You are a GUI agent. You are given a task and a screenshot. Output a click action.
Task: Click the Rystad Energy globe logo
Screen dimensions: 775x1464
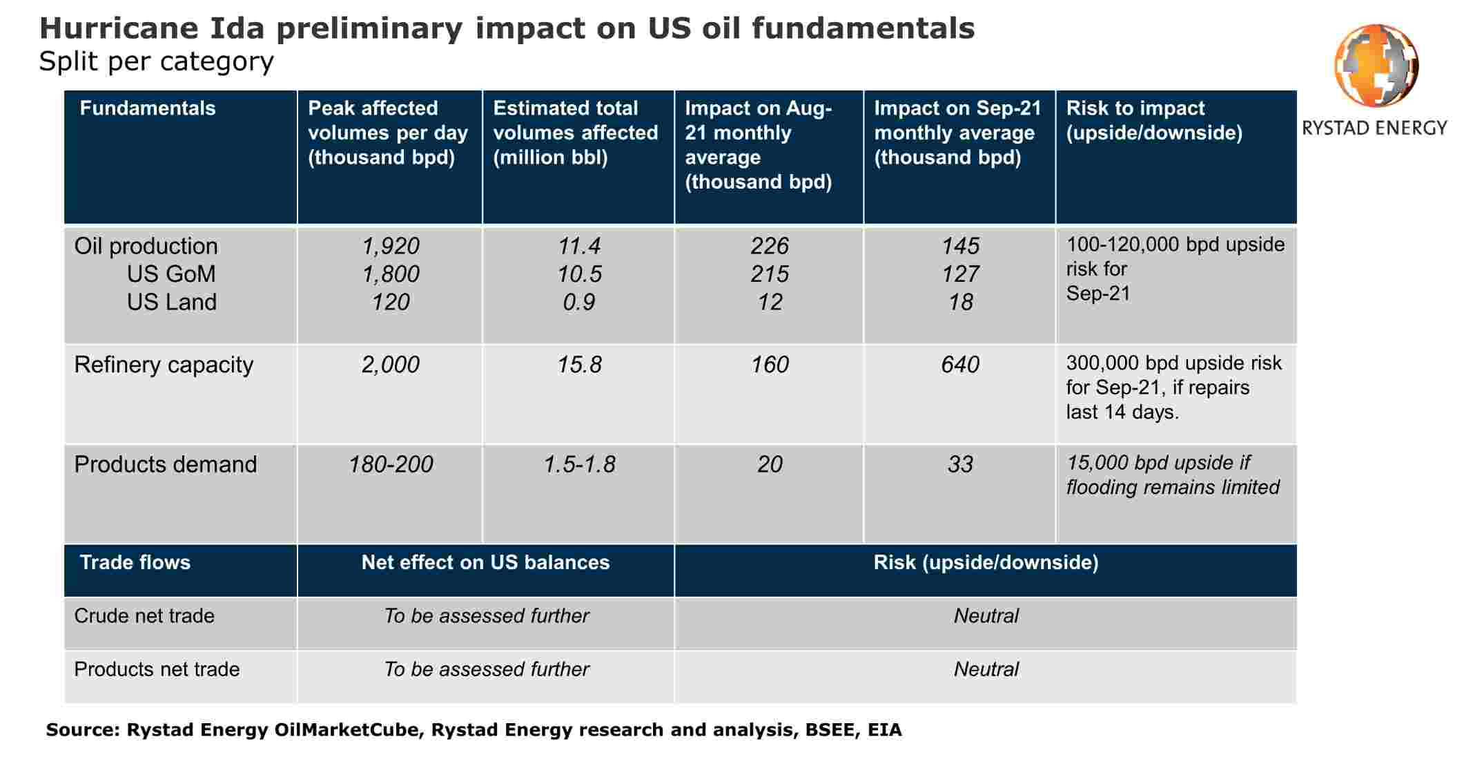[1376, 66]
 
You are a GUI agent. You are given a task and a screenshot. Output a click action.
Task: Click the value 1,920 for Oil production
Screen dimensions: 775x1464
[390, 246]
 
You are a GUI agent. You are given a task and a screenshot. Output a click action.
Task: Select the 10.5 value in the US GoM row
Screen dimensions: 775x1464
[579, 274]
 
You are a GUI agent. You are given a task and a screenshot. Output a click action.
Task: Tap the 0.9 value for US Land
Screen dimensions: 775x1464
[579, 302]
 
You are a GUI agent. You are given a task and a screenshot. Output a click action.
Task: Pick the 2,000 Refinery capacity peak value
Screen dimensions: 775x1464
[390, 365]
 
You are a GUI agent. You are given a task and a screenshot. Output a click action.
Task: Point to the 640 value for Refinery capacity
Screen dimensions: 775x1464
[959, 365]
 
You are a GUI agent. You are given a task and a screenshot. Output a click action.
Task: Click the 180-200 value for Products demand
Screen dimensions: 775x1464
[390, 464]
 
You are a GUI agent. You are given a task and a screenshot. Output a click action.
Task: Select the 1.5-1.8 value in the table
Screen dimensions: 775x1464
[579, 464]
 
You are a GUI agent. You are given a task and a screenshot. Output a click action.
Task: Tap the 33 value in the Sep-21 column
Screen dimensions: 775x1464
[959, 464]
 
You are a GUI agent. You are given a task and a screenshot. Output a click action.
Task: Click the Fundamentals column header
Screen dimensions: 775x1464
[148, 108]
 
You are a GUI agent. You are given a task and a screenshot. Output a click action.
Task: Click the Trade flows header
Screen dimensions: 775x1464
[135, 562]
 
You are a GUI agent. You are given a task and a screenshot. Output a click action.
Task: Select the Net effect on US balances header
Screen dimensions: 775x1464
[485, 562]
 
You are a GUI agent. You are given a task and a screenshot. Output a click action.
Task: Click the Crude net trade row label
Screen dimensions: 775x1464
[144, 615]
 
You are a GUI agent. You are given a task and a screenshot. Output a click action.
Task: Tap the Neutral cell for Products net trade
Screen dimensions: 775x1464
[986, 669]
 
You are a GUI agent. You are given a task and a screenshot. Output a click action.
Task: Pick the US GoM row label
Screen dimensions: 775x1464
[171, 274]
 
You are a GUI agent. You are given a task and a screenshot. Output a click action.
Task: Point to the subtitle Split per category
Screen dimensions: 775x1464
[156, 61]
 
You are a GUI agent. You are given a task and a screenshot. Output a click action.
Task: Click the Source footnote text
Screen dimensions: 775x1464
[474, 730]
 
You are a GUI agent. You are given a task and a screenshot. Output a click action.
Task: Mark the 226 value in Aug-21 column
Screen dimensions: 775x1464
[769, 246]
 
